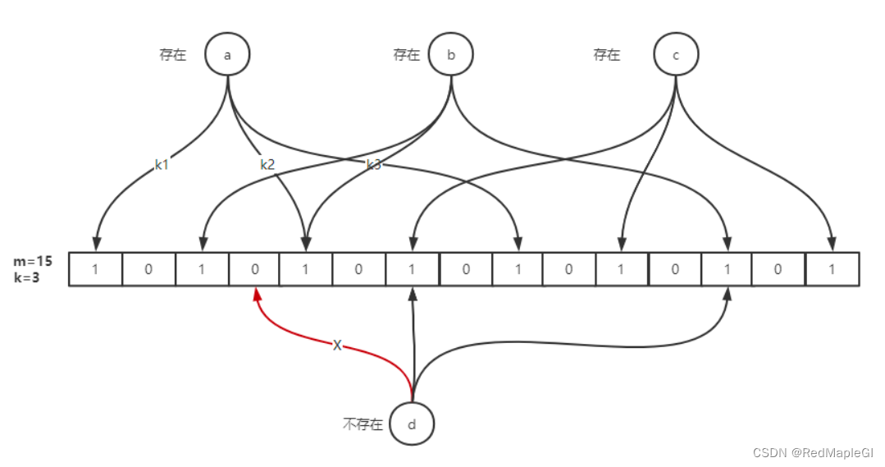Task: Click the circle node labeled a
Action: (x=227, y=54)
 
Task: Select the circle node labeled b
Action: (x=450, y=54)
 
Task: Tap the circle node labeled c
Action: (x=675, y=54)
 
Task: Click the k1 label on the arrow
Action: (x=162, y=165)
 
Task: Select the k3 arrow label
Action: (x=373, y=165)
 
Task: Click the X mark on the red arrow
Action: (x=337, y=346)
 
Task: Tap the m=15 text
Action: (x=33, y=261)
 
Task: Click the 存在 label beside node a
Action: (x=172, y=56)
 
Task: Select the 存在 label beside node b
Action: (x=406, y=55)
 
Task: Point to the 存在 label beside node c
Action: (x=607, y=55)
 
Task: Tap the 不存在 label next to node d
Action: (x=363, y=425)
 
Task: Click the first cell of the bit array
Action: (x=95, y=269)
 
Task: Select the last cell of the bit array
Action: (x=833, y=269)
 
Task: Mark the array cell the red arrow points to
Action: (x=253, y=269)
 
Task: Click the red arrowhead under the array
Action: (x=257, y=293)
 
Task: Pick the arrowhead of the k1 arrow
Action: (x=96, y=244)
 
